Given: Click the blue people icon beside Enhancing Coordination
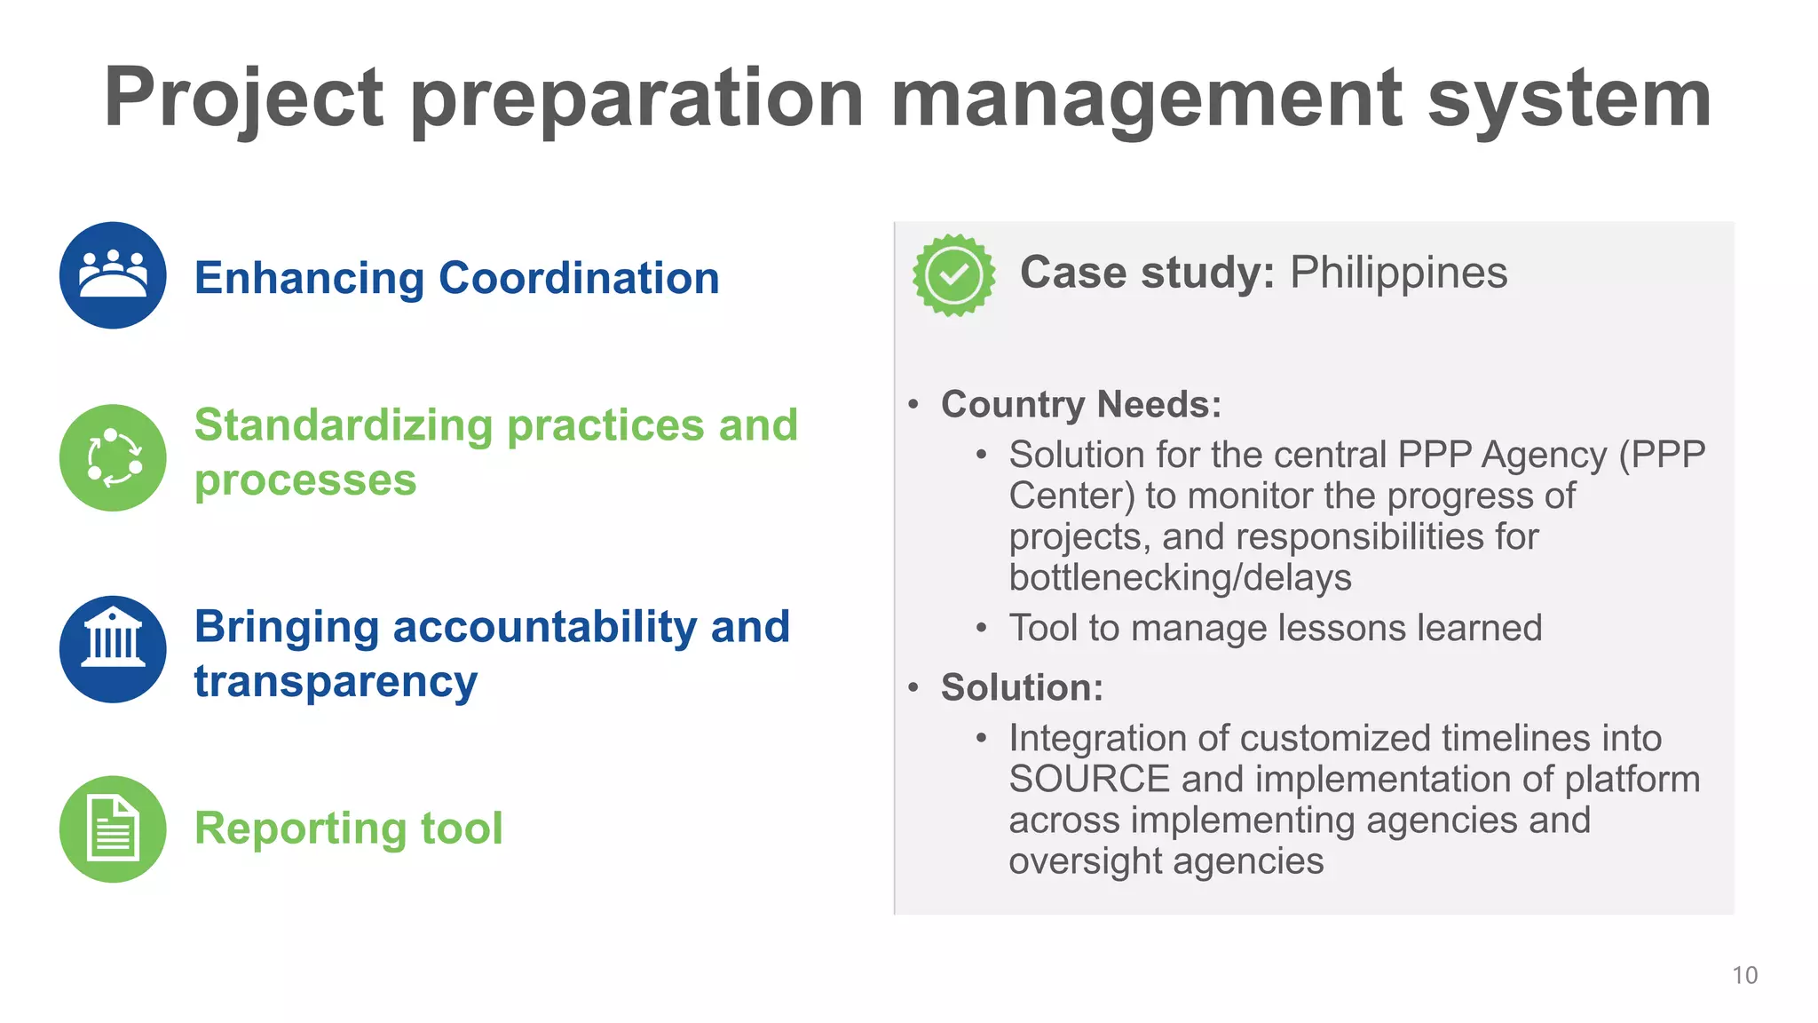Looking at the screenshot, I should point(113,275).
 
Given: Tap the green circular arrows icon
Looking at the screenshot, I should point(113,457).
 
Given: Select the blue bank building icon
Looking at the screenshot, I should point(113,649).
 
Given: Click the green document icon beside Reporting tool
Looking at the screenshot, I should point(113,829).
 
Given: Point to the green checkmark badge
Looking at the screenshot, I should point(953,275).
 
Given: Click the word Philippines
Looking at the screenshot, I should point(1398,273).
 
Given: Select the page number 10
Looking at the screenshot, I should point(1744,975).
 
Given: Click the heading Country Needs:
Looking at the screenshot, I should point(1081,405).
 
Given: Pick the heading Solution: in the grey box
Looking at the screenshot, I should point(1022,688).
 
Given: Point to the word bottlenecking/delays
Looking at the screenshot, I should point(1180,578).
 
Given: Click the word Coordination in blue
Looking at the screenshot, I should point(579,278).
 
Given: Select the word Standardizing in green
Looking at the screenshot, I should point(343,425).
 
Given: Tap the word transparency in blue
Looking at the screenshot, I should point(336,683).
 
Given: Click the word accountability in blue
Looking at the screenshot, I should point(544,627).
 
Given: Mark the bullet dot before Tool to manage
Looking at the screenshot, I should point(981,629).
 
